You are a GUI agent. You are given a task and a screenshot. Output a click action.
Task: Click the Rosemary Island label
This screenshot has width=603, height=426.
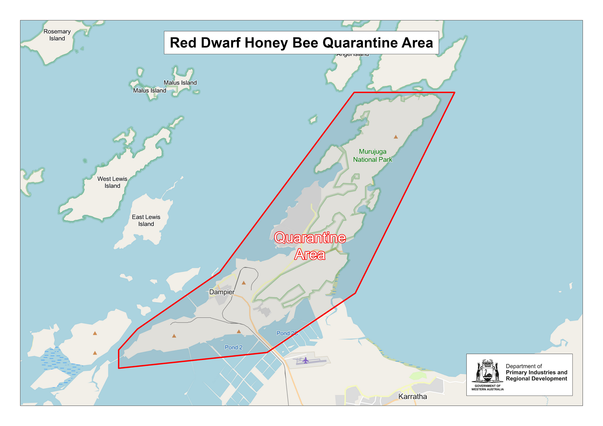tap(57, 35)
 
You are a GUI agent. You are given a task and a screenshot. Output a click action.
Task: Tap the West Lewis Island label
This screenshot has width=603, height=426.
tap(112, 182)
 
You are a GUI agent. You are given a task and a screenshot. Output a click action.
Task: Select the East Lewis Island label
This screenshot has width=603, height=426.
tap(146, 220)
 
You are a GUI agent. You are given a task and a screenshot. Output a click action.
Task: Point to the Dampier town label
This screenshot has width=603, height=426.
tap(222, 292)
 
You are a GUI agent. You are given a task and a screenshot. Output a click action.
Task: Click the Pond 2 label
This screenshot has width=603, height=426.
tap(233, 347)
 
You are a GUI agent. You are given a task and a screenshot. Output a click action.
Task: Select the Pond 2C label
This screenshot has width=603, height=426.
tap(287, 333)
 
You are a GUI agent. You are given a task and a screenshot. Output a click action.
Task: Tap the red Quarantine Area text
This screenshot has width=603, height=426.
tap(310, 246)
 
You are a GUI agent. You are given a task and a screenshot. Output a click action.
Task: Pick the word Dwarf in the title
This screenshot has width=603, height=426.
tap(221, 43)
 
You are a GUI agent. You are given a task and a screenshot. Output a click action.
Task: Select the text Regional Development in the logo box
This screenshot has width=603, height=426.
tap(536, 379)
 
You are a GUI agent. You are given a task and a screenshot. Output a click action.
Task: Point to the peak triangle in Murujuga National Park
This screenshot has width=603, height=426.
tap(396, 137)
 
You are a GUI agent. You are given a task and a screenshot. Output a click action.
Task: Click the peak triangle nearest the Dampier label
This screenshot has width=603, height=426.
tap(244, 283)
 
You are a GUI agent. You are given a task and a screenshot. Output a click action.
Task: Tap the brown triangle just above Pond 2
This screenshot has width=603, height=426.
tap(239, 332)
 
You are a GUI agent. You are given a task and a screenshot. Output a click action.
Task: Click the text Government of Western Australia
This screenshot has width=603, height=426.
tap(487, 387)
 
